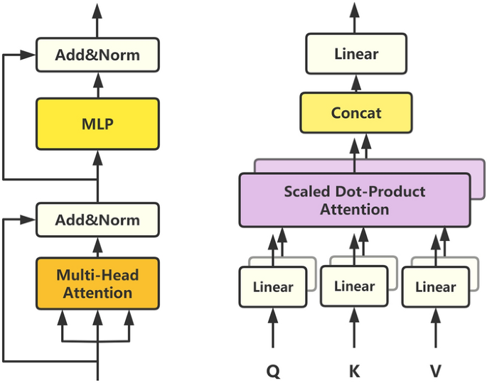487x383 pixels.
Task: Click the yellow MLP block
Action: [x=97, y=124]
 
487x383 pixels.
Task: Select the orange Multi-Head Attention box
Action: [x=97, y=283]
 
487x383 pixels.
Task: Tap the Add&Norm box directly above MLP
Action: [x=97, y=55]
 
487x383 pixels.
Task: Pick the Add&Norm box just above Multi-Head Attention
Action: [x=97, y=220]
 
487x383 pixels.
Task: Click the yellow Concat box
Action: [x=356, y=113]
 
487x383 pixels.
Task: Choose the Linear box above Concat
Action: [x=356, y=54]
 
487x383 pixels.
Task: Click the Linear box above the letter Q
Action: [x=273, y=287]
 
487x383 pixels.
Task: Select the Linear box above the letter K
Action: [x=354, y=286]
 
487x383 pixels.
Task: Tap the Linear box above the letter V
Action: [x=435, y=287]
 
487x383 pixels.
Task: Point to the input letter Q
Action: [x=273, y=370]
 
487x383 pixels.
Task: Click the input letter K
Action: [x=354, y=370]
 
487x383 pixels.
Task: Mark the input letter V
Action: [x=435, y=370]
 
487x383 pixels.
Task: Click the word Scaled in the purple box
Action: [x=305, y=192]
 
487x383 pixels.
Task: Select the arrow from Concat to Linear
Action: [x=356, y=82]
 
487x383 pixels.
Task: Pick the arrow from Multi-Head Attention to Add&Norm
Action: [x=97, y=247]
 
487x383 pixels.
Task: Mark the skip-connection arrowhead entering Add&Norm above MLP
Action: [x=29, y=55]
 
